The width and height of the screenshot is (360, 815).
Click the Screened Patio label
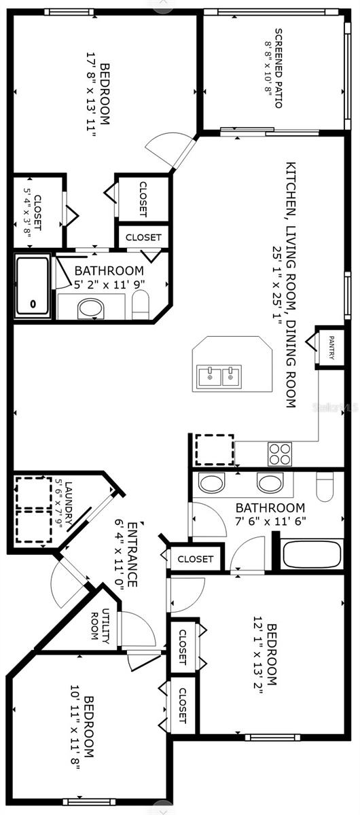pos(278,68)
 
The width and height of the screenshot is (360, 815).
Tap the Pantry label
pos(331,348)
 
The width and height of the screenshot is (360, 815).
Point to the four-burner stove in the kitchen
pos(280,454)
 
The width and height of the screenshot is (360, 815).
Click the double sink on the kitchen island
pos(219,376)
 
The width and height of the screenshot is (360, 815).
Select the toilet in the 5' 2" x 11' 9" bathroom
pos(140,305)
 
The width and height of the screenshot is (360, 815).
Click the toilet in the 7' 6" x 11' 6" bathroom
pos(325,486)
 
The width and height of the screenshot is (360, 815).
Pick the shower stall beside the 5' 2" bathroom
pos(33,286)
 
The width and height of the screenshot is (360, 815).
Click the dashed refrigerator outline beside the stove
pos(215,450)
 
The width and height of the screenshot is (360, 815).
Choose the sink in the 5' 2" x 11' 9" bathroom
pos(91,308)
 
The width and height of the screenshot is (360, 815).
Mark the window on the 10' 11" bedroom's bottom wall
pos(87,801)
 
